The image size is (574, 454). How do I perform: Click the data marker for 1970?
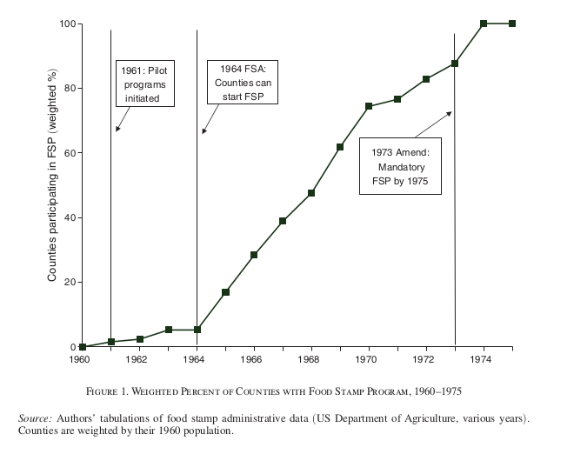pyautogui.click(x=369, y=106)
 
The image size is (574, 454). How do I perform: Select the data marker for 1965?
pyautogui.click(x=225, y=292)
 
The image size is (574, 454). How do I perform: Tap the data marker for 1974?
pyautogui.click(x=484, y=23)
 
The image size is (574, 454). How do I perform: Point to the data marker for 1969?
pyautogui.click(x=340, y=147)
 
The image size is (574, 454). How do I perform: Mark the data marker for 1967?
pyautogui.click(x=283, y=221)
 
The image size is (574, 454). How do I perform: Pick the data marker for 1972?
pyautogui.click(x=426, y=79)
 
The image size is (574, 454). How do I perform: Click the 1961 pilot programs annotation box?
pyautogui.click(x=143, y=84)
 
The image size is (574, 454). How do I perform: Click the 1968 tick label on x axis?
pyautogui.click(x=311, y=358)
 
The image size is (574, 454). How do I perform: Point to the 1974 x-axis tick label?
pyautogui.click(x=484, y=358)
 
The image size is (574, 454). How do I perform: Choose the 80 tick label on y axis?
pyautogui.click(x=66, y=88)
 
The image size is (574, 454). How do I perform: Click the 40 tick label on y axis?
pyautogui.click(x=66, y=217)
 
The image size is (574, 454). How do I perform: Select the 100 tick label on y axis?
pyautogui.click(x=63, y=23)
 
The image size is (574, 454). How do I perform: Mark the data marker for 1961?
pyautogui.click(x=110, y=342)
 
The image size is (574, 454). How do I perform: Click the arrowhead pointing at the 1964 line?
pyautogui.click(x=204, y=132)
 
